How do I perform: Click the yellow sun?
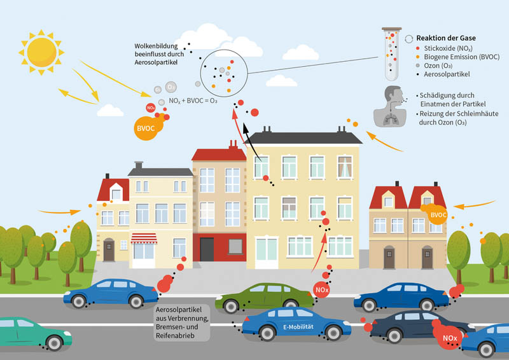pyautogui.click(x=41, y=52)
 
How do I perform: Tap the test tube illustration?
pyautogui.click(x=392, y=54)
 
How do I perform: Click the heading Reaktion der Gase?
pyautogui.click(x=446, y=38)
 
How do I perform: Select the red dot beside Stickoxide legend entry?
pyautogui.click(x=418, y=48)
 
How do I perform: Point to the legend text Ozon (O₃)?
pyautogui.click(x=438, y=66)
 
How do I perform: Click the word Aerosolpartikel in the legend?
pyautogui.click(x=447, y=74)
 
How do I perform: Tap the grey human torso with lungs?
pyautogui.click(x=390, y=106)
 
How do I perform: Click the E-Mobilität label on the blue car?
pyautogui.click(x=298, y=327)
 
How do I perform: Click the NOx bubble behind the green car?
pyautogui.click(x=322, y=289)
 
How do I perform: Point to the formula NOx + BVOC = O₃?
pyautogui.click(x=193, y=100)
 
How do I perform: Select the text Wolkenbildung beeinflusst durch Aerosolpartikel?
pyautogui.click(x=159, y=54)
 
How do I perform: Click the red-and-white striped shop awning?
pyautogui.click(x=144, y=239)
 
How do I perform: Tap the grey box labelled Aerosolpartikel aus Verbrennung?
pyautogui.click(x=182, y=322)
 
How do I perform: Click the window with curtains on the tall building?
pyautogui.click(x=345, y=167)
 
